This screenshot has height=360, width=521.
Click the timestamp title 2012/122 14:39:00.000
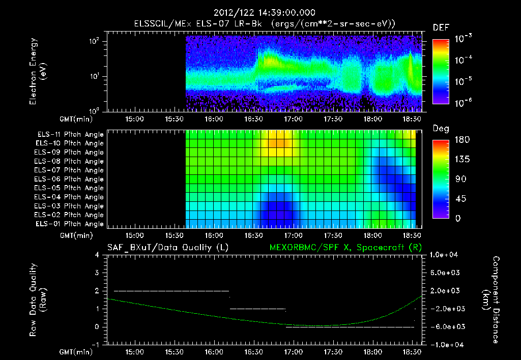265,13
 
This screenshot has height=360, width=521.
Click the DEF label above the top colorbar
441,27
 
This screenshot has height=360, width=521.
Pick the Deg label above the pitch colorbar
441,129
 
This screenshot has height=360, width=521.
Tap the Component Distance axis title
494,299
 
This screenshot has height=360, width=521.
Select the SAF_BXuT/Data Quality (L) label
167,248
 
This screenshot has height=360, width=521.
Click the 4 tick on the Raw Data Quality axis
97,255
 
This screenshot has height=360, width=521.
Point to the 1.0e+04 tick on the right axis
445,255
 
